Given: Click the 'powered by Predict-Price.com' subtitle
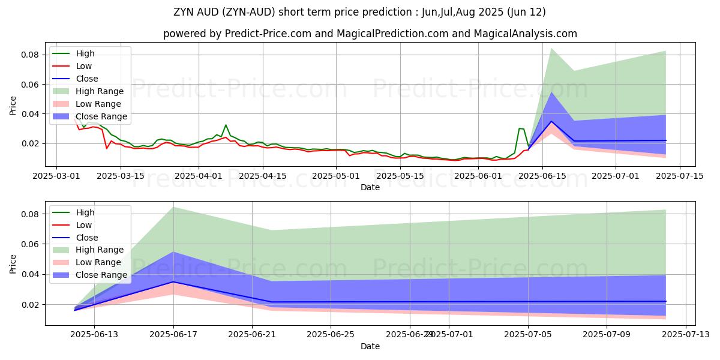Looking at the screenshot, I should pos(370,34).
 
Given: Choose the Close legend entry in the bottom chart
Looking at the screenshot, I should pos(87,237).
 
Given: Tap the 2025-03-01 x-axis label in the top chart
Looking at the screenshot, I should pos(56,176).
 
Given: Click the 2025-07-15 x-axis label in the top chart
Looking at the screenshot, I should pos(679,176).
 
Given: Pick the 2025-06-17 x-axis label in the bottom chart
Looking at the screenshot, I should pos(173,335).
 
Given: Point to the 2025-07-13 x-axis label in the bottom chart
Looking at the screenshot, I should pos(685,335).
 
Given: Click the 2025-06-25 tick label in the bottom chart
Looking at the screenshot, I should pos(331,335).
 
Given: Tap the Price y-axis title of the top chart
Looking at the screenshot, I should pos(13,106).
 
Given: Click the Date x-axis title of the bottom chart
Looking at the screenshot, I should pos(370,346).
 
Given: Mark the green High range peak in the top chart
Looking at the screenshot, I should pos(551,48).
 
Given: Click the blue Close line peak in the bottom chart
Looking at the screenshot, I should pos(173,282).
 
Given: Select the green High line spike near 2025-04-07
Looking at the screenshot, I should pos(226,125).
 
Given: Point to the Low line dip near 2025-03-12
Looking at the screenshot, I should pos(107,148).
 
